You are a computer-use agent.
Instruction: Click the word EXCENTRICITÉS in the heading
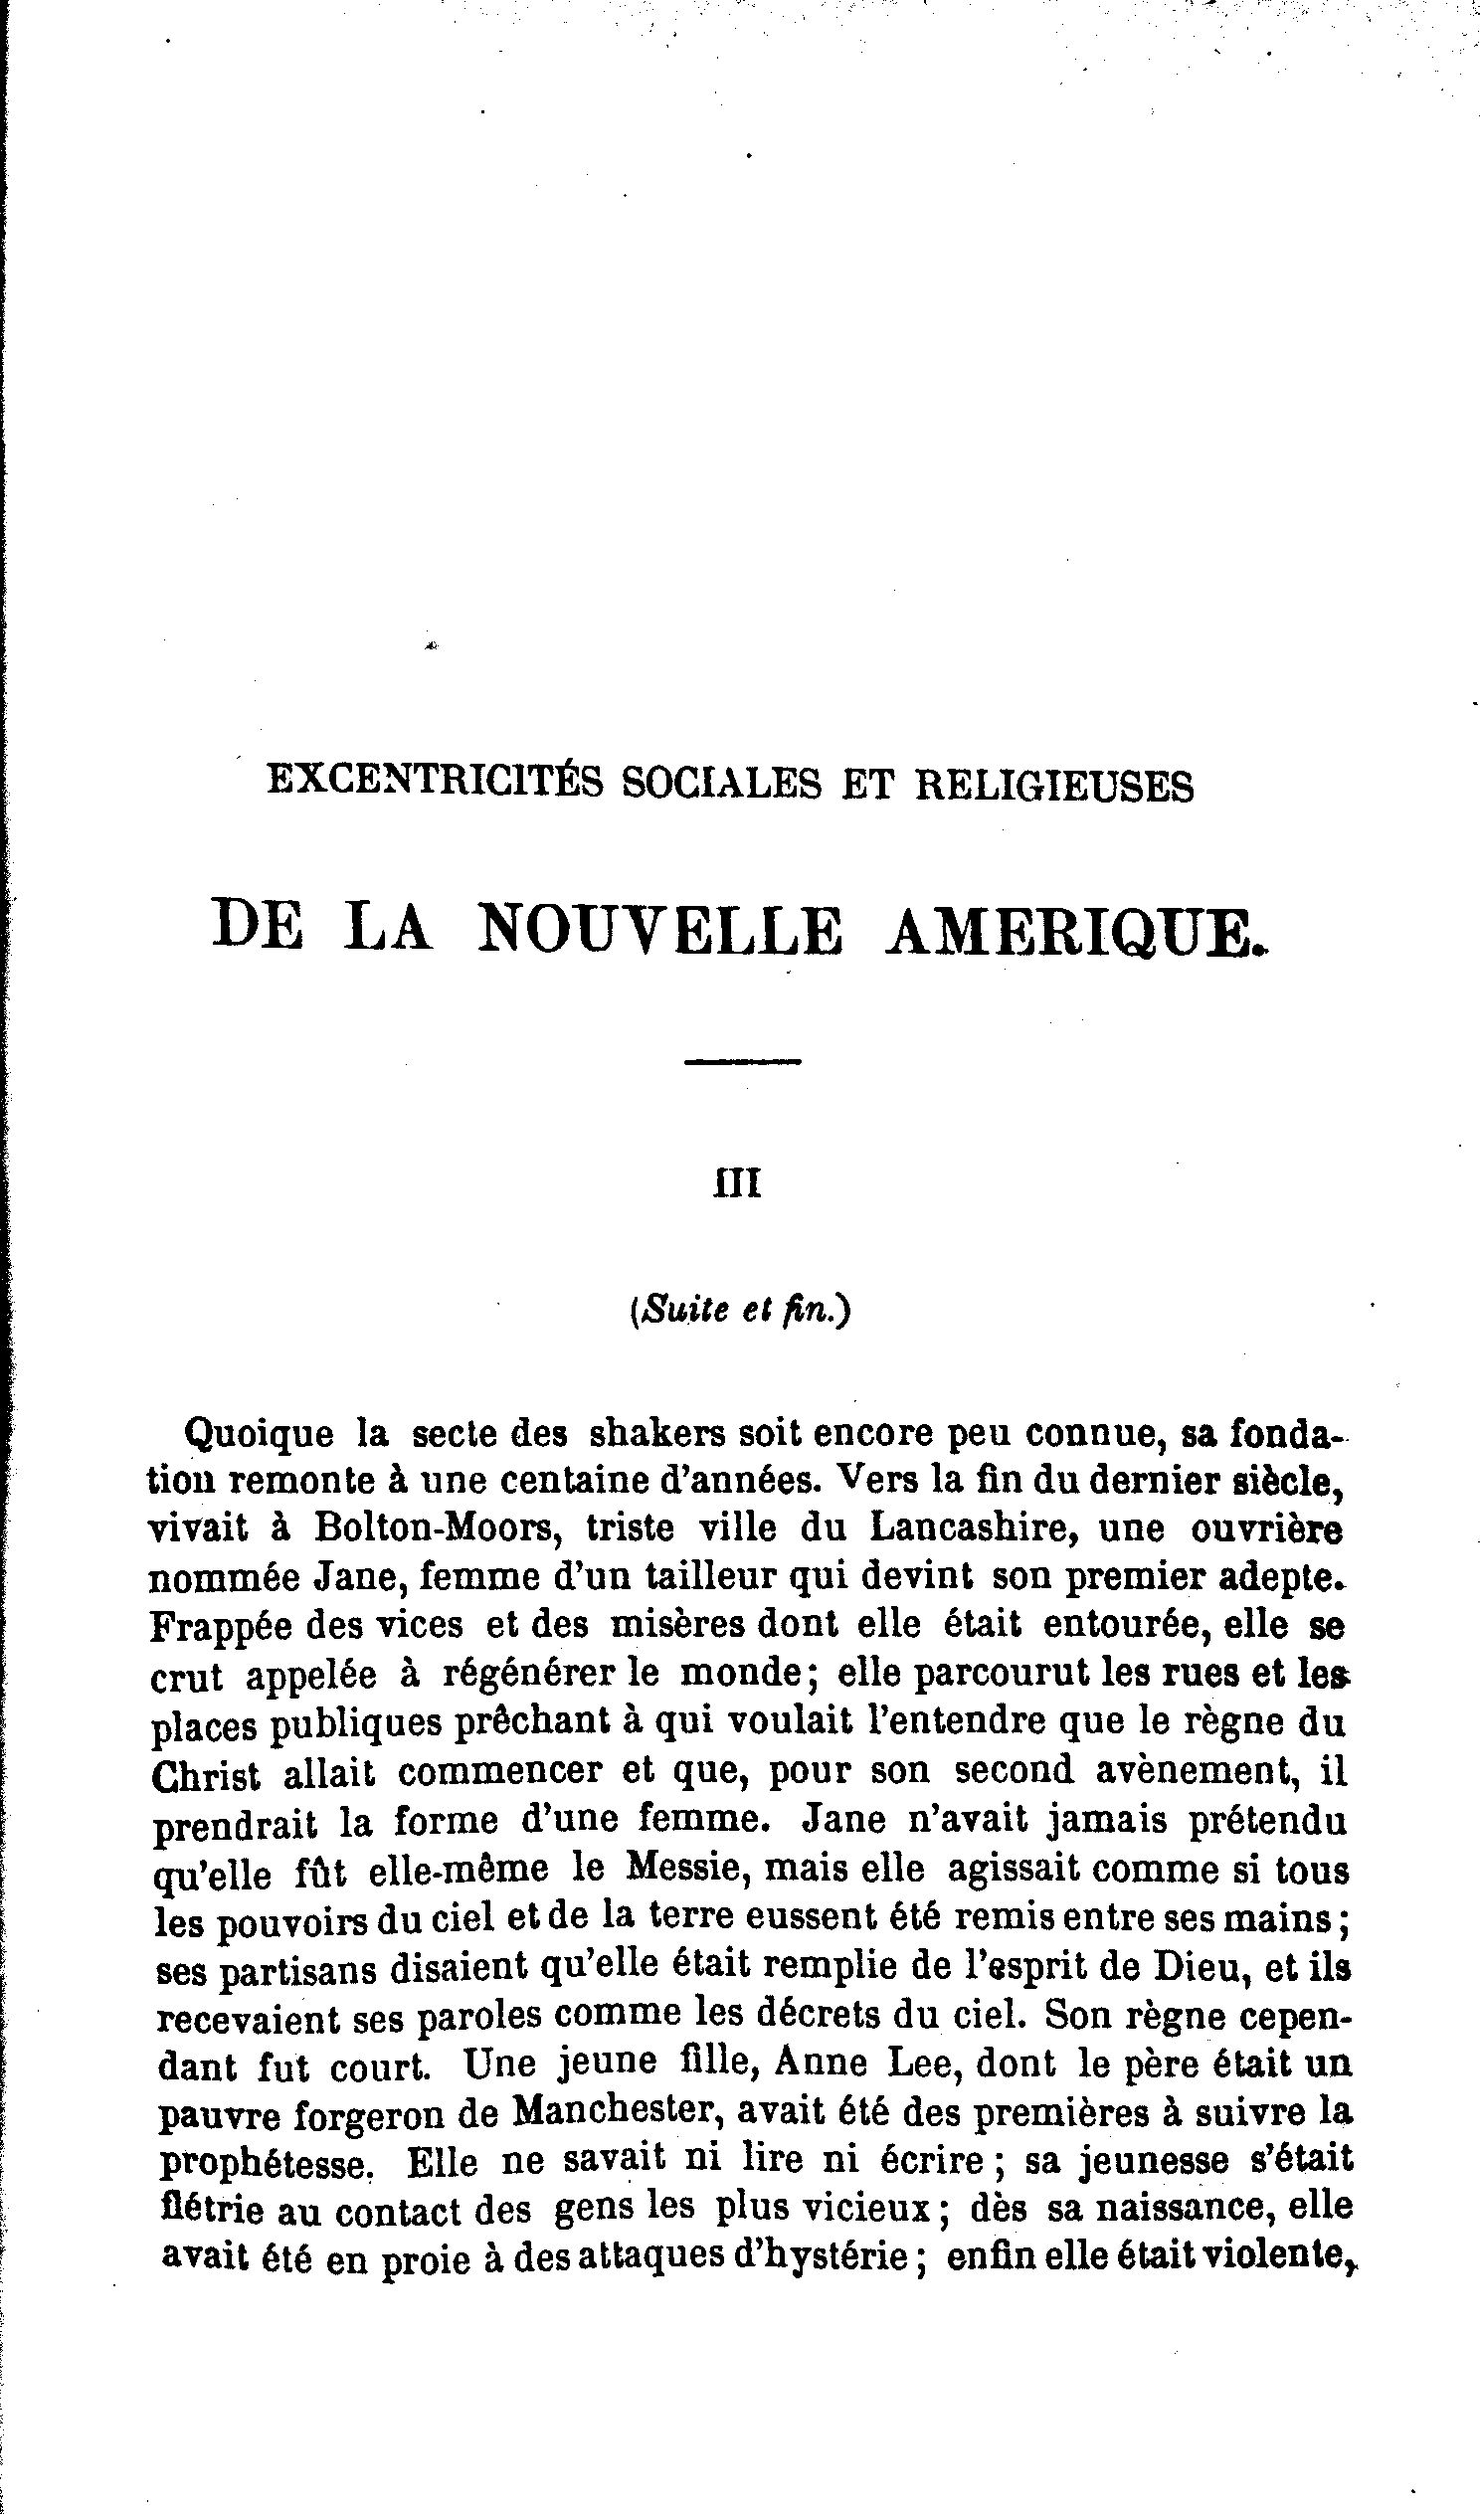coord(435,783)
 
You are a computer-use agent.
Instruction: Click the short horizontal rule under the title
coord(743,1061)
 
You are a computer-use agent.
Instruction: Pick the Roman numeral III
coord(737,1184)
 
